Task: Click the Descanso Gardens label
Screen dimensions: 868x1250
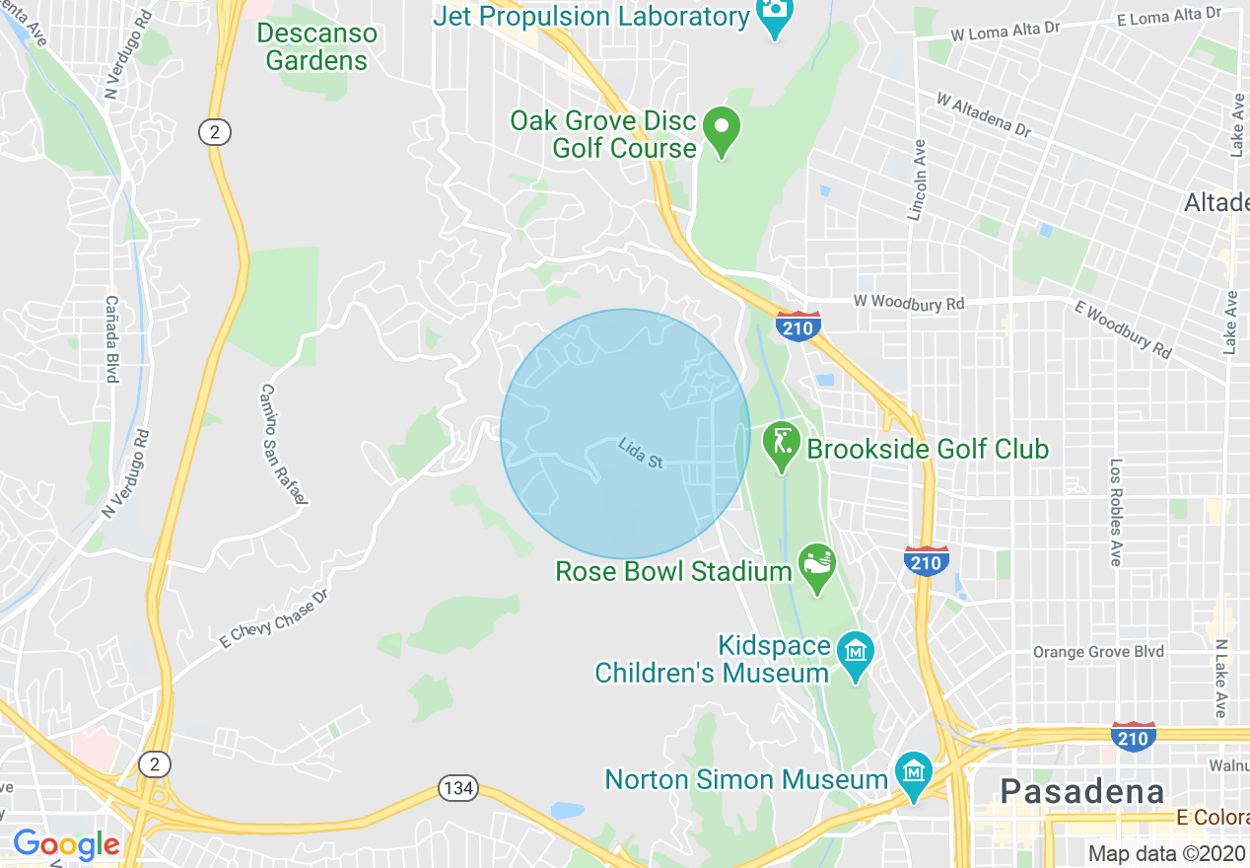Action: [x=316, y=46]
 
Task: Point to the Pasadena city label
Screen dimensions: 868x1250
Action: [x=1081, y=791]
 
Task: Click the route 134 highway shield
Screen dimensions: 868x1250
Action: [x=456, y=788]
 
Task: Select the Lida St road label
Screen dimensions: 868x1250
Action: [x=641, y=454]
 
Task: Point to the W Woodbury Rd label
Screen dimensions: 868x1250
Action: [x=908, y=303]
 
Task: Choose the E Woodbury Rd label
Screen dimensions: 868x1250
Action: [x=1124, y=329]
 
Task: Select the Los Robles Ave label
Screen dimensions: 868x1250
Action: [x=1116, y=511]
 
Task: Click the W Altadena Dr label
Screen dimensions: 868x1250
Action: [x=983, y=115]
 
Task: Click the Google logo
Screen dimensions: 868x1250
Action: [x=66, y=844]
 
